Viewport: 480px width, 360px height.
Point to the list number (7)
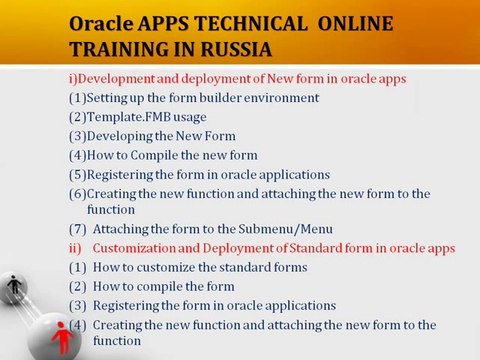coord(77,229)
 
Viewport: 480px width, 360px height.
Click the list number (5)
coord(77,174)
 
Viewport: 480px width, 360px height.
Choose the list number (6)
coord(77,193)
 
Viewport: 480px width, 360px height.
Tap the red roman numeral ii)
coord(75,248)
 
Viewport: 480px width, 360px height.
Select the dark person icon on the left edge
coord(12,288)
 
